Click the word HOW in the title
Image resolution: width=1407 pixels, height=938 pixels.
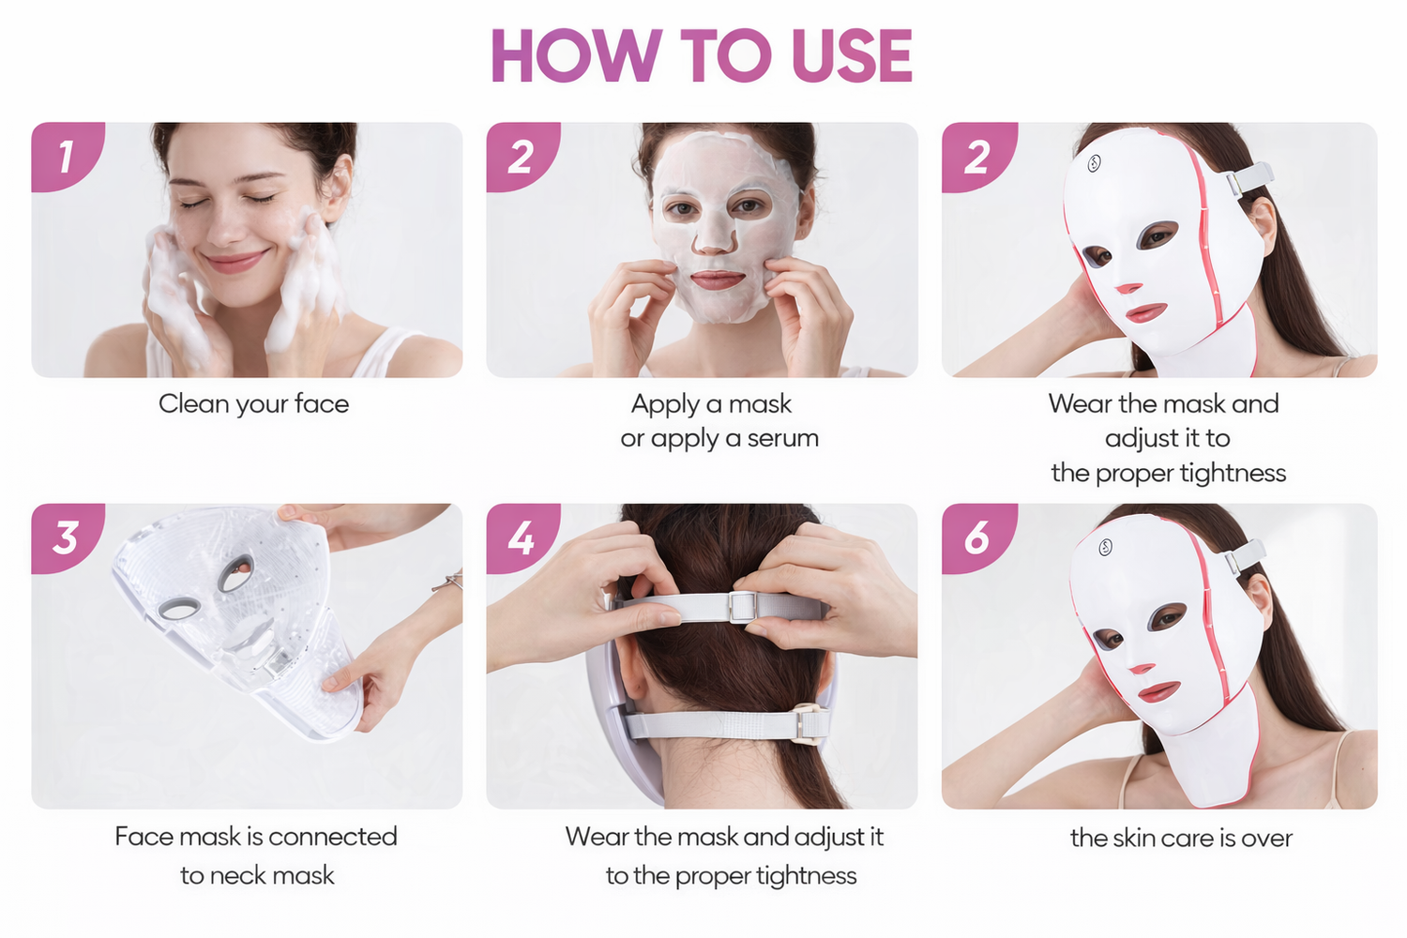(577, 56)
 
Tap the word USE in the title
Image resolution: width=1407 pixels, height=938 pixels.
(852, 56)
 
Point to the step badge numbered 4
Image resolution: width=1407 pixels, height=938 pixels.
(522, 537)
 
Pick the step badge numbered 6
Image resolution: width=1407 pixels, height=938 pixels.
(978, 537)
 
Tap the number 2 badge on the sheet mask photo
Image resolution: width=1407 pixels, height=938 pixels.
(522, 156)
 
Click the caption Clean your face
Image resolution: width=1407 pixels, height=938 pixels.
(254, 404)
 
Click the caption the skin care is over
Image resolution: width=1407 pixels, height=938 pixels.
(1182, 839)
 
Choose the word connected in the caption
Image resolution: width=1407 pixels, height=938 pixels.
(333, 837)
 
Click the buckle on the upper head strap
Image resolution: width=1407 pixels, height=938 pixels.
(742, 607)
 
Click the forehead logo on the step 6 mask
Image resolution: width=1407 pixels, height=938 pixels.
(1106, 547)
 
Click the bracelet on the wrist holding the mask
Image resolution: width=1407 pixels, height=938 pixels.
(448, 582)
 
